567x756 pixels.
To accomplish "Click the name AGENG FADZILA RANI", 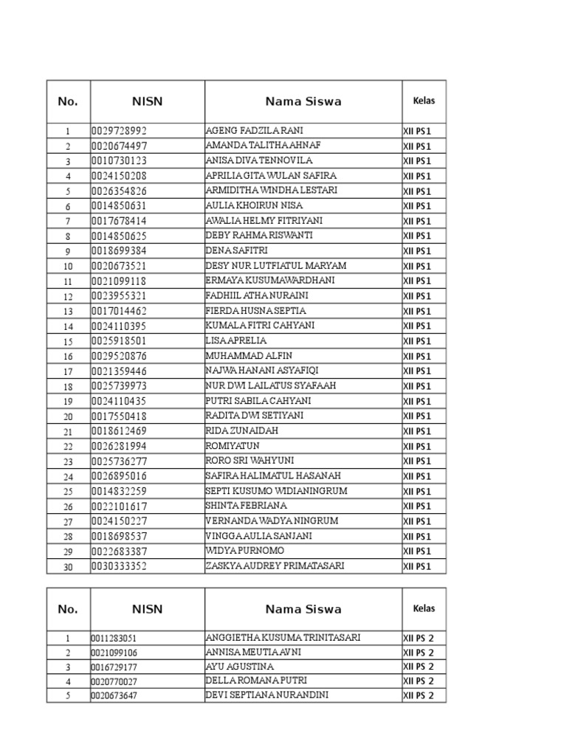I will [x=254, y=131].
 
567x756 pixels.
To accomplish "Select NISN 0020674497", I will [x=120, y=146].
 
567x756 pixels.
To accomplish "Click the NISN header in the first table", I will [x=147, y=102].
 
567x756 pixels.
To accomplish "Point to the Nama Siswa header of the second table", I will [x=303, y=609].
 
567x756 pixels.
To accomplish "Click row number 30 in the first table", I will [x=68, y=567].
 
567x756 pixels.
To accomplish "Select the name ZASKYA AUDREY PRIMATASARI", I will [x=275, y=566].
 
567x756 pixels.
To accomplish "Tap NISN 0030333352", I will [x=120, y=567].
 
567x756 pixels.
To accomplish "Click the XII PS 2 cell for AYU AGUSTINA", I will [x=418, y=667].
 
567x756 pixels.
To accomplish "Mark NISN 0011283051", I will [x=114, y=639].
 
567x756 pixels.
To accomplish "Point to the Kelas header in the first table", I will [x=424, y=100].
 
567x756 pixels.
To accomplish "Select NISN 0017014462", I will [x=120, y=311].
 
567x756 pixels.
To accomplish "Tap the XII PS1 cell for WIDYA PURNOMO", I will [x=416, y=551].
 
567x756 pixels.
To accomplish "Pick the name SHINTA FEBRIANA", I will [x=247, y=506].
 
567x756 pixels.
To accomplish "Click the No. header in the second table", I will [x=68, y=609].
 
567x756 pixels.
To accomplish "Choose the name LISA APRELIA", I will [x=236, y=341].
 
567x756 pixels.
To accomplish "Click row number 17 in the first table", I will [x=68, y=371].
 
